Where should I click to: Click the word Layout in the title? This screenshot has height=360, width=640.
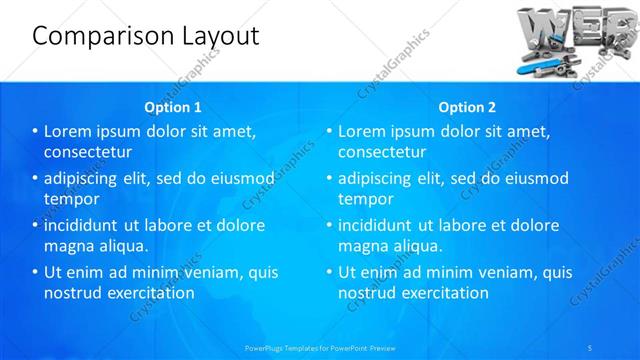tap(213, 36)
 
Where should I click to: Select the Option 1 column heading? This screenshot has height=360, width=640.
tap(173, 107)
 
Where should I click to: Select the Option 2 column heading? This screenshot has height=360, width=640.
tap(467, 107)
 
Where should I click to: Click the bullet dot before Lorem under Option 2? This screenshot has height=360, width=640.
tap(329, 131)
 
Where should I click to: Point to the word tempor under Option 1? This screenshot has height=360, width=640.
tap(69, 199)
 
